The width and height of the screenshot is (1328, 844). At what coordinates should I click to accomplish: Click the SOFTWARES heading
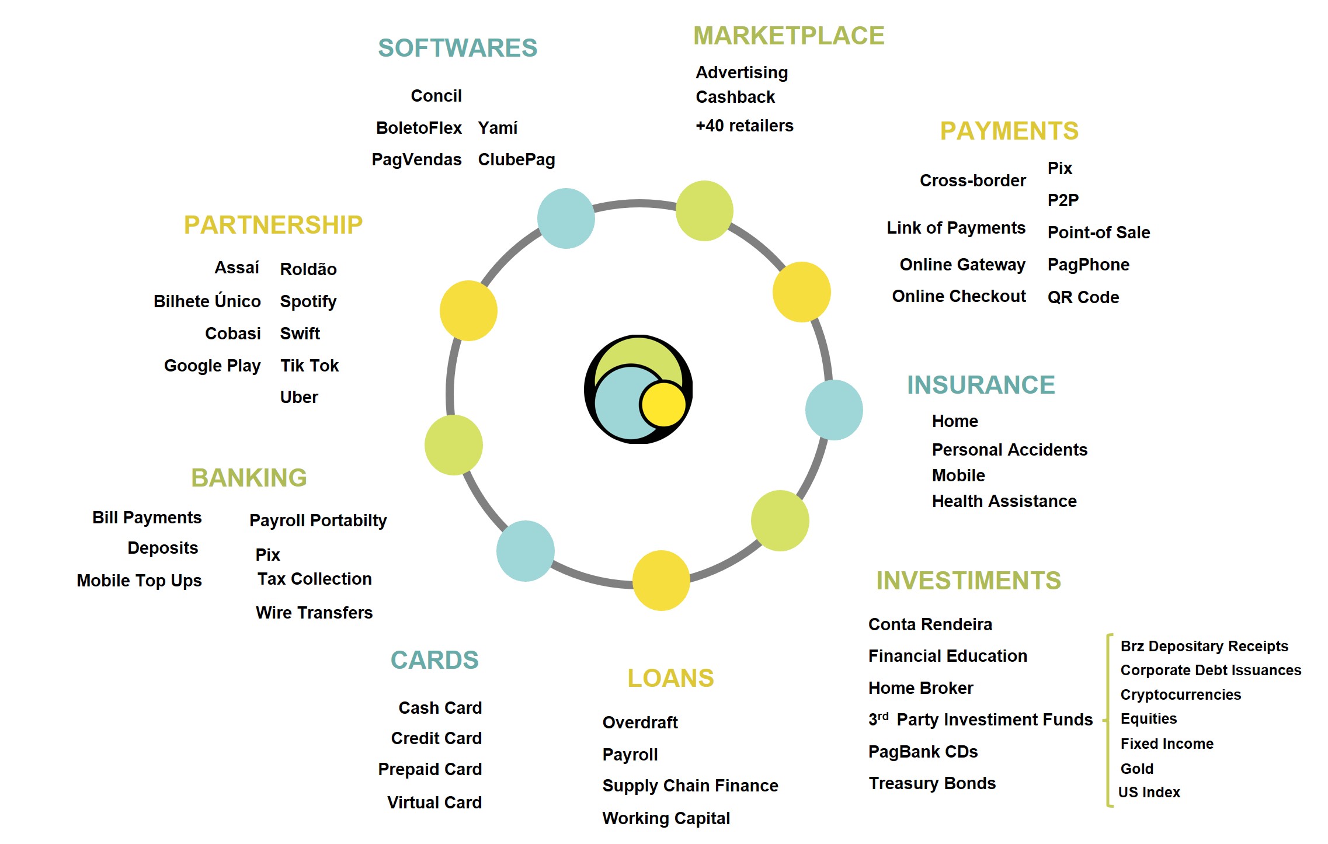[x=457, y=48]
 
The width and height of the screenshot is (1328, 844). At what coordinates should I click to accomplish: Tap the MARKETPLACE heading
[x=788, y=36]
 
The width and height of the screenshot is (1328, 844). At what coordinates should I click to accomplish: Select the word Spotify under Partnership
[x=308, y=301]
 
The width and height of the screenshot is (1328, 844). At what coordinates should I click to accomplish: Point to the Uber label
[x=299, y=397]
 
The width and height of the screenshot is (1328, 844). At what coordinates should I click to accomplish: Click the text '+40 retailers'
[x=744, y=126]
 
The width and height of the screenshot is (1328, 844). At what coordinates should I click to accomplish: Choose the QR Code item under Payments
[x=1083, y=297]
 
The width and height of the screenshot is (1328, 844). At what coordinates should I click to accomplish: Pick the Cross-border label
[x=972, y=180]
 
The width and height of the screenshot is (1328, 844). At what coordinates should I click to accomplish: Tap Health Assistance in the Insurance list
[x=1004, y=501]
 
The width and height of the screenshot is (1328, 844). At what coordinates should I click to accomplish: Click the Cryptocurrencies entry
[x=1180, y=694]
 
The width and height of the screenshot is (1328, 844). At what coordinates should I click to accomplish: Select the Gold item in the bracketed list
[x=1136, y=769]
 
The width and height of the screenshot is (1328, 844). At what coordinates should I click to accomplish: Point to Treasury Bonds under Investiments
[x=932, y=783]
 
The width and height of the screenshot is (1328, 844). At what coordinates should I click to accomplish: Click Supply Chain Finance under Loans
[x=690, y=786]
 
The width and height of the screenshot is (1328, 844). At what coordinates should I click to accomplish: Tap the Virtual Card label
[x=434, y=803]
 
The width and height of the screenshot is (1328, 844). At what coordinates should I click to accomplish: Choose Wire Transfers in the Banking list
[x=314, y=613]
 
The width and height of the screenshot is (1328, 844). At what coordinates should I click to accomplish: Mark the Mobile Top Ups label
[x=139, y=581]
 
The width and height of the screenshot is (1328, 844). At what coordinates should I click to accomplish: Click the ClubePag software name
[x=516, y=159]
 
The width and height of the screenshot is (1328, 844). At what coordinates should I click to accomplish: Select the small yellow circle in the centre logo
[x=662, y=404]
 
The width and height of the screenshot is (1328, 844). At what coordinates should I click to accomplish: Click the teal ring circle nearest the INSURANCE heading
[x=833, y=409]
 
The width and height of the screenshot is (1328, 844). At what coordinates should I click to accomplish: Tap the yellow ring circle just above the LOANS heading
[x=661, y=580]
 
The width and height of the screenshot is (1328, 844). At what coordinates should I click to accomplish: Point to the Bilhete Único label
[x=207, y=301]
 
